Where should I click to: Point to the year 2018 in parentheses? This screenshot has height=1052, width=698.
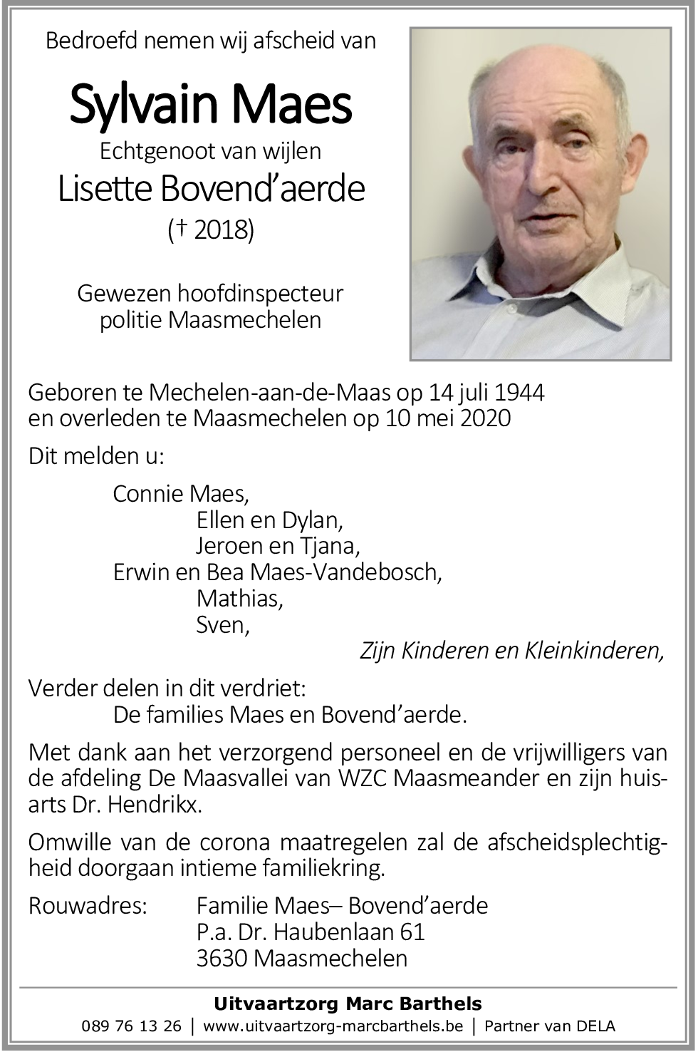[x=216, y=230]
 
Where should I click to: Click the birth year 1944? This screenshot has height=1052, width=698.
[x=518, y=392]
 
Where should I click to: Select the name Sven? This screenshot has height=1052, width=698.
[x=222, y=625]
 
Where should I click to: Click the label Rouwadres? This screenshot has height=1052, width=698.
[x=88, y=906]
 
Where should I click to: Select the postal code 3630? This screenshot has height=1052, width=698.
[x=221, y=958]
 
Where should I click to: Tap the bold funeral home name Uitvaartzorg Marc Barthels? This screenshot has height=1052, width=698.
[x=348, y=1004]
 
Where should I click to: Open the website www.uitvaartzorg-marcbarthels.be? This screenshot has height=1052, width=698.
[x=333, y=1026]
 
